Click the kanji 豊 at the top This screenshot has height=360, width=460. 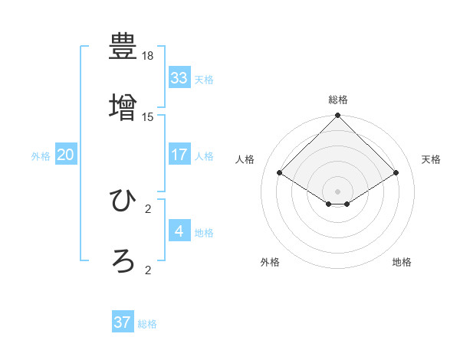123,47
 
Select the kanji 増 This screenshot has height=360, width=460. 123,107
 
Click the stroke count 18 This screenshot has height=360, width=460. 148,56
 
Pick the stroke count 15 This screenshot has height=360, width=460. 148,116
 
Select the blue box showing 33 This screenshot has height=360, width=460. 179,78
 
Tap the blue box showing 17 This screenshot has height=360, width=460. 179,155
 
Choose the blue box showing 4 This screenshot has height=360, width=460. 179,231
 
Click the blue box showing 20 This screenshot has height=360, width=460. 66,155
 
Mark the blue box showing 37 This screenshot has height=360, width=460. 123,322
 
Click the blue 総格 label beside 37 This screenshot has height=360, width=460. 147,324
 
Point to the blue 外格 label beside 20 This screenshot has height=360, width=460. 41,156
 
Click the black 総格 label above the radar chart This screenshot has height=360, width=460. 338,100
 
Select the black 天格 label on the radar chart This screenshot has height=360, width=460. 431,159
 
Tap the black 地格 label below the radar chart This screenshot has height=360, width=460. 402,262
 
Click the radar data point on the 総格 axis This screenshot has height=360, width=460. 338,116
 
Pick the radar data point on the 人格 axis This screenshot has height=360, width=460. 280,172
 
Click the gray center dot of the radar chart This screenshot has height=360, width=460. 338,191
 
